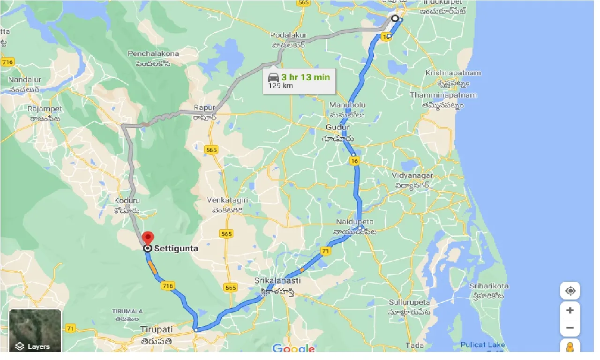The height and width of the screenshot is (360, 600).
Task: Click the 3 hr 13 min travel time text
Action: click(306, 77)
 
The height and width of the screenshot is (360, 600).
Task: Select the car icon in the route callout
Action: click(274, 77)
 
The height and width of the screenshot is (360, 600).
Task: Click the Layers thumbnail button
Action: click(35, 330)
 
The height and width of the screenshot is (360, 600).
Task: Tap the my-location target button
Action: click(570, 291)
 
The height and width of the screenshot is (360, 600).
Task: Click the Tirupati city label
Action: click(157, 330)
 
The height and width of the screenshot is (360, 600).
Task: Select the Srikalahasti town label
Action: click(277, 280)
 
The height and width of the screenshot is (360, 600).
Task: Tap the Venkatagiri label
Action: click(227, 200)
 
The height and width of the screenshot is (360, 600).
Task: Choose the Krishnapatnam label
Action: click(447, 73)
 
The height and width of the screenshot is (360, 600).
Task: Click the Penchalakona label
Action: click(153, 54)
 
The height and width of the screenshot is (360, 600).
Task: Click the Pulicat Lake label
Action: click(483, 345)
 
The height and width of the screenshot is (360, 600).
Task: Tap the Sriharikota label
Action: click(489, 286)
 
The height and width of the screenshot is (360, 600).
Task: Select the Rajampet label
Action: click(45, 109)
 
